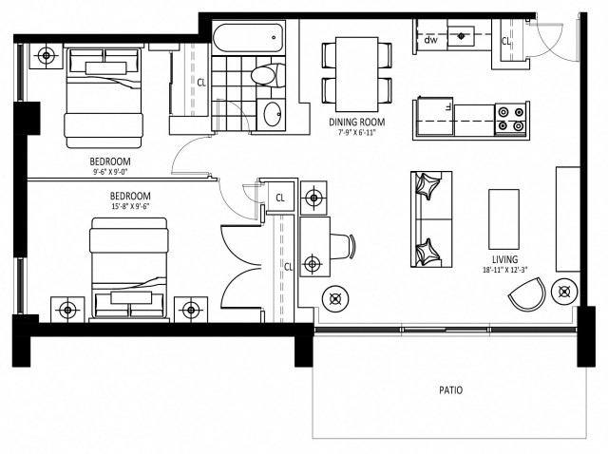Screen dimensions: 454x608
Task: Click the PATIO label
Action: click(450, 390)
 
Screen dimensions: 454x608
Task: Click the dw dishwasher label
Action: click(430, 40)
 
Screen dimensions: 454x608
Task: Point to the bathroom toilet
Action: click(262, 73)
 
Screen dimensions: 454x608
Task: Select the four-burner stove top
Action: click(510, 118)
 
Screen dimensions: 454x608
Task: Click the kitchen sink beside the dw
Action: click(465, 36)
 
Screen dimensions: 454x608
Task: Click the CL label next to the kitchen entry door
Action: click(506, 42)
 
